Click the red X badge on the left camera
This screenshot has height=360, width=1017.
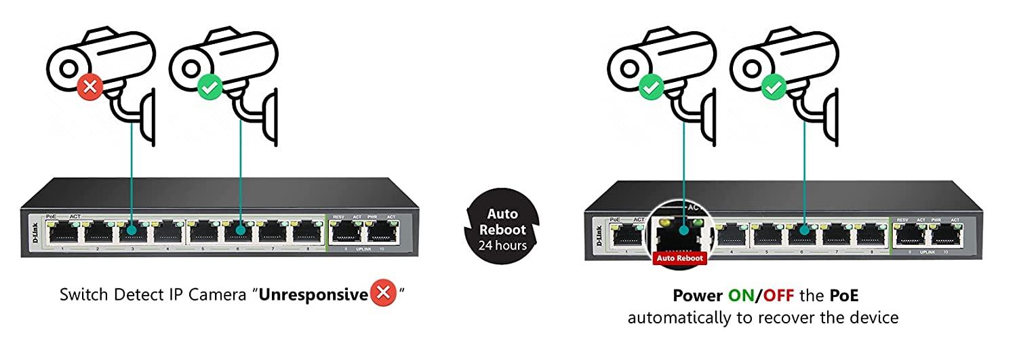coord(89,87)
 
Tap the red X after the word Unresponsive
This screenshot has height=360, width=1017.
coord(383,295)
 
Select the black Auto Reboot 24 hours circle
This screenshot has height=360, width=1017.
coord(502,230)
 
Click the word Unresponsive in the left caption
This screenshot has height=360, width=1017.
coord(313,295)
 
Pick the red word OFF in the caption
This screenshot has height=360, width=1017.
coord(778,296)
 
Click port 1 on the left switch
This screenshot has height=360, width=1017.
coord(62,233)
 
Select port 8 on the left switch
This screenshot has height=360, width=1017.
coord(307,233)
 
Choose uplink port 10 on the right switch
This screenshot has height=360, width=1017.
coord(946,236)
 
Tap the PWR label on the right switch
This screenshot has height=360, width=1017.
coord(937,220)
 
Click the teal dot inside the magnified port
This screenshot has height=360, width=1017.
coord(684,229)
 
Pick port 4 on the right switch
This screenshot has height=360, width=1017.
coord(732,236)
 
